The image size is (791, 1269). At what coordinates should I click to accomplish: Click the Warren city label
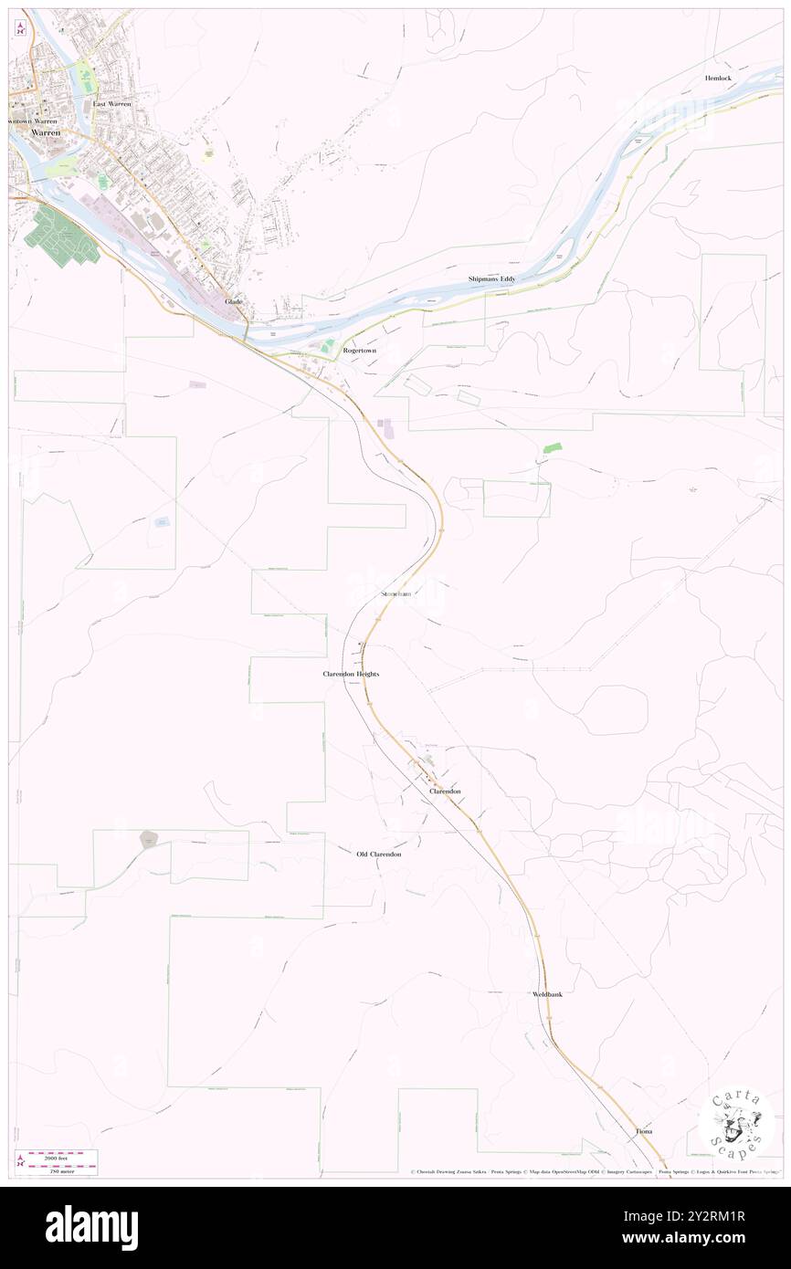[x=46, y=132]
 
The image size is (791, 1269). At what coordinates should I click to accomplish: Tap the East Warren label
[x=112, y=104]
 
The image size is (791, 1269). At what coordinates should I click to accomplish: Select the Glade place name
[x=234, y=302]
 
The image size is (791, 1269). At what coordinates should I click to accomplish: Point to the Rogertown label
[x=359, y=351]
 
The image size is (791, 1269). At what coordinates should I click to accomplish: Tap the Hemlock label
[x=718, y=79]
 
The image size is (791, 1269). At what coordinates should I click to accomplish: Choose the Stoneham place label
[x=395, y=593]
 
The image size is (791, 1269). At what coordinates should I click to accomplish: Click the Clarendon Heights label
[x=350, y=674]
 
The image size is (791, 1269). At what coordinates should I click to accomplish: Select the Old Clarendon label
[x=378, y=855]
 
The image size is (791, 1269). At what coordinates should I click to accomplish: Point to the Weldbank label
[x=547, y=993]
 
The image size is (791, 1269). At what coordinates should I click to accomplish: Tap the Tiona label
[x=644, y=1131]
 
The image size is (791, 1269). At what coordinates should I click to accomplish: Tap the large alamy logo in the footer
[x=91, y=1227]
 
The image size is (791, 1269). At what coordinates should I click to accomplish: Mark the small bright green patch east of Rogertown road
[x=552, y=447]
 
